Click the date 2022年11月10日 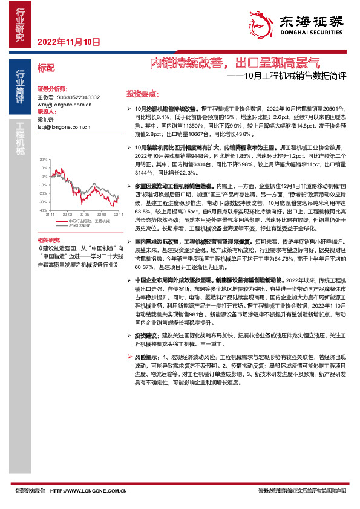[x=68, y=42]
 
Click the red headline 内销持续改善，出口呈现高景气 [x=235, y=62]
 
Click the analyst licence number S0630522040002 [x=78, y=97]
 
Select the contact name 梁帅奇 [x=46, y=120]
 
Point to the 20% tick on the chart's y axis [x=43, y=159]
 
